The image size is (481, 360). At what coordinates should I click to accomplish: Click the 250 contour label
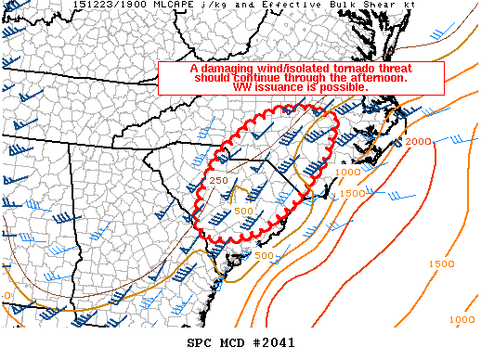coord(218,179)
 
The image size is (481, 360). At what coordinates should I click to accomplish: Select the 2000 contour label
coord(419,141)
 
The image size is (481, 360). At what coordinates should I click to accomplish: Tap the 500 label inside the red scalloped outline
coord(244,211)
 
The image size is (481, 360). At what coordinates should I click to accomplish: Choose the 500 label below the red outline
coord(264,255)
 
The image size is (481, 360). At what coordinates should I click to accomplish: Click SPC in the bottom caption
coord(200,343)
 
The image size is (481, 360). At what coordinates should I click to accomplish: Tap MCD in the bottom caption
coord(232,343)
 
